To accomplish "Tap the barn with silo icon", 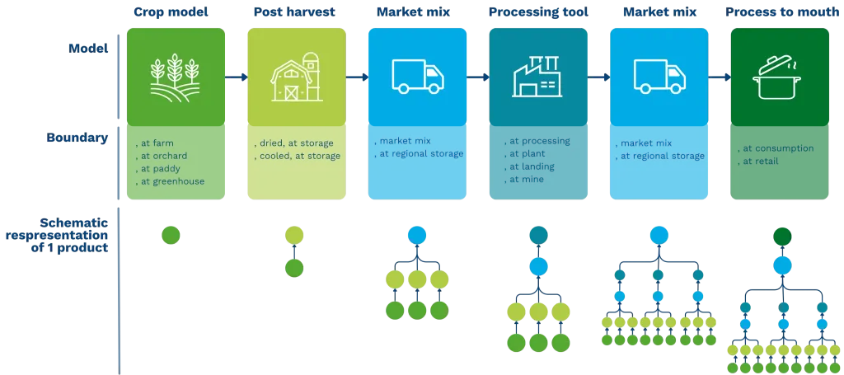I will pyautogui.click(x=294, y=77).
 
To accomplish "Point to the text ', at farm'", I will pyautogui.click(x=157, y=143).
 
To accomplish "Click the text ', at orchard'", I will pyautogui.click(x=162, y=156).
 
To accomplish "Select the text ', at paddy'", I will pyautogui.click(x=160, y=169).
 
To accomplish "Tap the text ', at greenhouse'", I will pyautogui.click(x=171, y=181).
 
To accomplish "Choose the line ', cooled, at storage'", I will pyautogui.click(x=297, y=156).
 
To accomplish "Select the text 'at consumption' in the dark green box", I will pyautogui.click(x=778, y=148).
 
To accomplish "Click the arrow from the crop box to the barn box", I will pyautogui.click(x=237, y=77).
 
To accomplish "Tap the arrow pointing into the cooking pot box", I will pyautogui.click(x=720, y=77).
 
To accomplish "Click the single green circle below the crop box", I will pyautogui.click(x=170, y=236).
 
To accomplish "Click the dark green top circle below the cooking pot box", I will pyautogui.click(x=782, y=237).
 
